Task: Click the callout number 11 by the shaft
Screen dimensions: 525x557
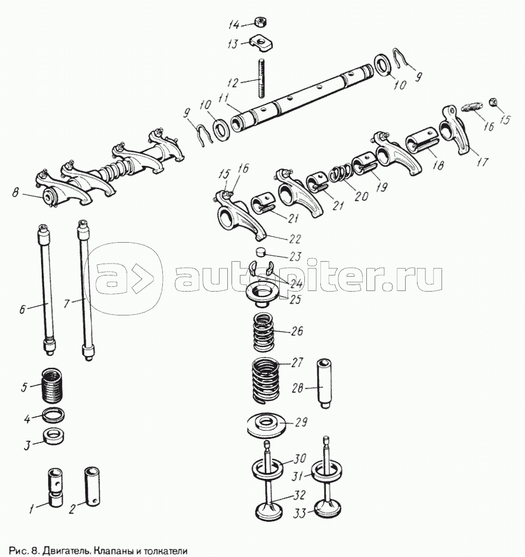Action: (223, 98)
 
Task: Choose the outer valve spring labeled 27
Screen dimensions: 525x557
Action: (265, 380)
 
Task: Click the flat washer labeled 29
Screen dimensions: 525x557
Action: (266, 425)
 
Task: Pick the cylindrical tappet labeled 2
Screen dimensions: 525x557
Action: (92, 486)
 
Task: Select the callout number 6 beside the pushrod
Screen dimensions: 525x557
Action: (23, 309)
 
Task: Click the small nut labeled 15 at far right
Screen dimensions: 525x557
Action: (493, 102)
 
